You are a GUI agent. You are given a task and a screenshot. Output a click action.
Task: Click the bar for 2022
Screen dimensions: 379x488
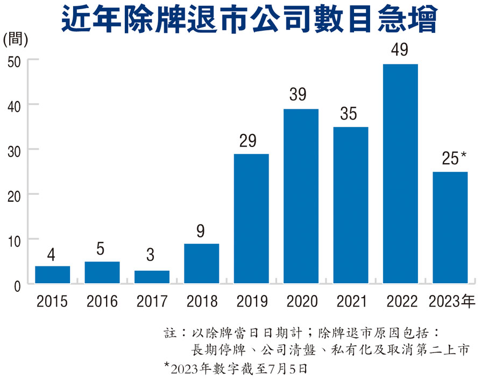click(400, 173)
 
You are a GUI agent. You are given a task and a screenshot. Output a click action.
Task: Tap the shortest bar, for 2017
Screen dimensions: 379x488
click(152, 277)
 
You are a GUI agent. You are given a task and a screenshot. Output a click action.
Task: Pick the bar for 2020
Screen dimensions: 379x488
click(301, 196)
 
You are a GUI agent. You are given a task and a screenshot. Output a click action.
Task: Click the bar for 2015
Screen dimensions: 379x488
click(52, 275)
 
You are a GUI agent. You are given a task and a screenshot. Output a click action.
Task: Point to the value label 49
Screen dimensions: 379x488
click(400, 50)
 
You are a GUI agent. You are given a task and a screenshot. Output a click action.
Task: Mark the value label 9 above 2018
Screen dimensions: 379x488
click(201, 231)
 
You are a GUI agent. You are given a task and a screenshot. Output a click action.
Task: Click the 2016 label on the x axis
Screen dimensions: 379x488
click(102, 300)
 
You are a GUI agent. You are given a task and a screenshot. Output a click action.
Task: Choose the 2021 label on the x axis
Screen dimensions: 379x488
click(350, 300)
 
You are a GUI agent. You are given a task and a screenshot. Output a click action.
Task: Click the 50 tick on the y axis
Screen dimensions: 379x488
click(13, 61)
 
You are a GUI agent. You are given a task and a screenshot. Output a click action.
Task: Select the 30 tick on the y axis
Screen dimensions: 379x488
click(13, 150)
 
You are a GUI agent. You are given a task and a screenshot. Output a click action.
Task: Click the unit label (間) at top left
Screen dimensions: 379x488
click(16, 39)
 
